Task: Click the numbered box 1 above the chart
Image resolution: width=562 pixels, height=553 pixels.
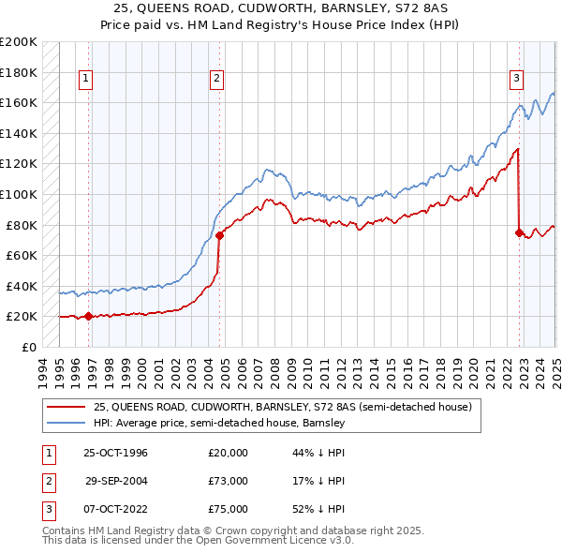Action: pos(85,79)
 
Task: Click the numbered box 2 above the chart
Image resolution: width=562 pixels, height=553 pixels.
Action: pos(216,79)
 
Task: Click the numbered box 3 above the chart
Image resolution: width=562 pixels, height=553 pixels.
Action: pos(516,79)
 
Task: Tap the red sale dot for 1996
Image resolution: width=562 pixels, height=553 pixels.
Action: pos(88,316)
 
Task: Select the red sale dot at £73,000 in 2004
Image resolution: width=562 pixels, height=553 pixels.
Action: pos(219,235)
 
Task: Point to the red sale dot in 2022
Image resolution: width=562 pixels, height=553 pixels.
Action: pos(519,232)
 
